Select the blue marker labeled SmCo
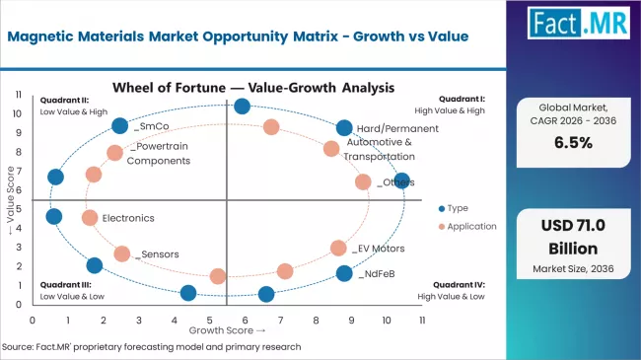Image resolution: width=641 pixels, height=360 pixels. pos(120,125)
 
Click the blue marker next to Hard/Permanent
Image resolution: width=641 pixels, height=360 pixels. pos(344,128)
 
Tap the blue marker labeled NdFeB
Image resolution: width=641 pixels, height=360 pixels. pos(344,273)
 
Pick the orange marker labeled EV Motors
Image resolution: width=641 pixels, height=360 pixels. pos(338,249)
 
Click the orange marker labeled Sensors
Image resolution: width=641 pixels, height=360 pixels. pos(122,253)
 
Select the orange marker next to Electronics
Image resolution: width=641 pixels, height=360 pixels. pos(90,218)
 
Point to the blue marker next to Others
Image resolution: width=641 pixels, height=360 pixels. pos(401,180)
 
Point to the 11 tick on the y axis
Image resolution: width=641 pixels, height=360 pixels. pos(20,95)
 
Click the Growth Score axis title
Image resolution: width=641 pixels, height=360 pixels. pos(228,330)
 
